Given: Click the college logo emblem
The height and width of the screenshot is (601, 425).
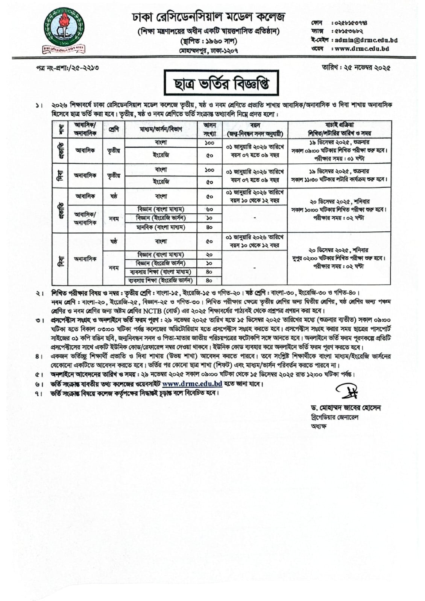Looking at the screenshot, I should pos(63,32).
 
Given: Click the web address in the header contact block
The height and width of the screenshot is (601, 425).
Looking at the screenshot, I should pos(362,48).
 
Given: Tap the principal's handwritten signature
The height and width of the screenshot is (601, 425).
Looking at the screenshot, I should pos(347,392).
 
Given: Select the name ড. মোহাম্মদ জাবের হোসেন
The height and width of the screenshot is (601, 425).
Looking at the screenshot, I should pos(345,408).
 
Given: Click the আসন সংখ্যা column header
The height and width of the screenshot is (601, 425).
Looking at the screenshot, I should pos(209,129).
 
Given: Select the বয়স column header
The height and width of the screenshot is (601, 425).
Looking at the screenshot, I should pos(255,129).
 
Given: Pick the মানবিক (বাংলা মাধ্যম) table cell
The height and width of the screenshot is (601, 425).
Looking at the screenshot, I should pos(161,227).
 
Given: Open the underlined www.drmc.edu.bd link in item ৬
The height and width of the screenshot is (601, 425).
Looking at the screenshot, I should pos(192,384).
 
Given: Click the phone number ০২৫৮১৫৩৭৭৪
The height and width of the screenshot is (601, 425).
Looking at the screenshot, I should pos(349,23).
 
